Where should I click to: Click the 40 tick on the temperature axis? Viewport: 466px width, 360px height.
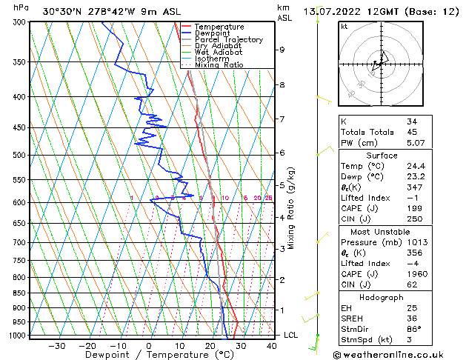[271, 345]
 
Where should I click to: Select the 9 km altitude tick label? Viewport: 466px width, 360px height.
[282, 50]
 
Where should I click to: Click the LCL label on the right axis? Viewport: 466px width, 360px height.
[291, 335]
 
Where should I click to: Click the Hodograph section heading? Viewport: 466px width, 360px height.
[382, 297]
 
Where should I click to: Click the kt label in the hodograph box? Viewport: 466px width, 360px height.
[344, 26]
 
